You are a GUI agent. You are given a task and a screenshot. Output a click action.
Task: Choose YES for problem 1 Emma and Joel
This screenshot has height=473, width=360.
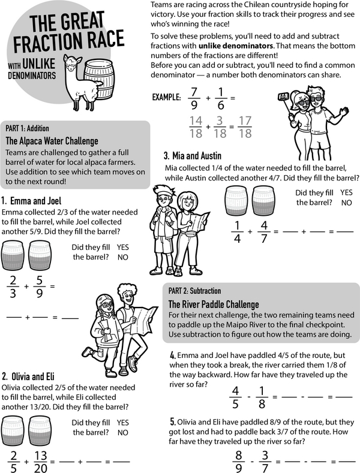click(123, 247)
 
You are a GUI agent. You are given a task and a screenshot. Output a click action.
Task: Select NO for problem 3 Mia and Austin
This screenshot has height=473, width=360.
click(346, 203)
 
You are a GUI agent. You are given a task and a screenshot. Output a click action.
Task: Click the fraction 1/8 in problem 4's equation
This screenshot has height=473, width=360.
click(261, 396)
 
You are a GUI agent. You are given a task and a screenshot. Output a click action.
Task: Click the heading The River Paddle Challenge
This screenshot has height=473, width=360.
click(214, 304)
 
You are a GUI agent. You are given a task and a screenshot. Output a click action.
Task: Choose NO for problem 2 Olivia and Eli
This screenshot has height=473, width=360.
click(123, 432)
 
